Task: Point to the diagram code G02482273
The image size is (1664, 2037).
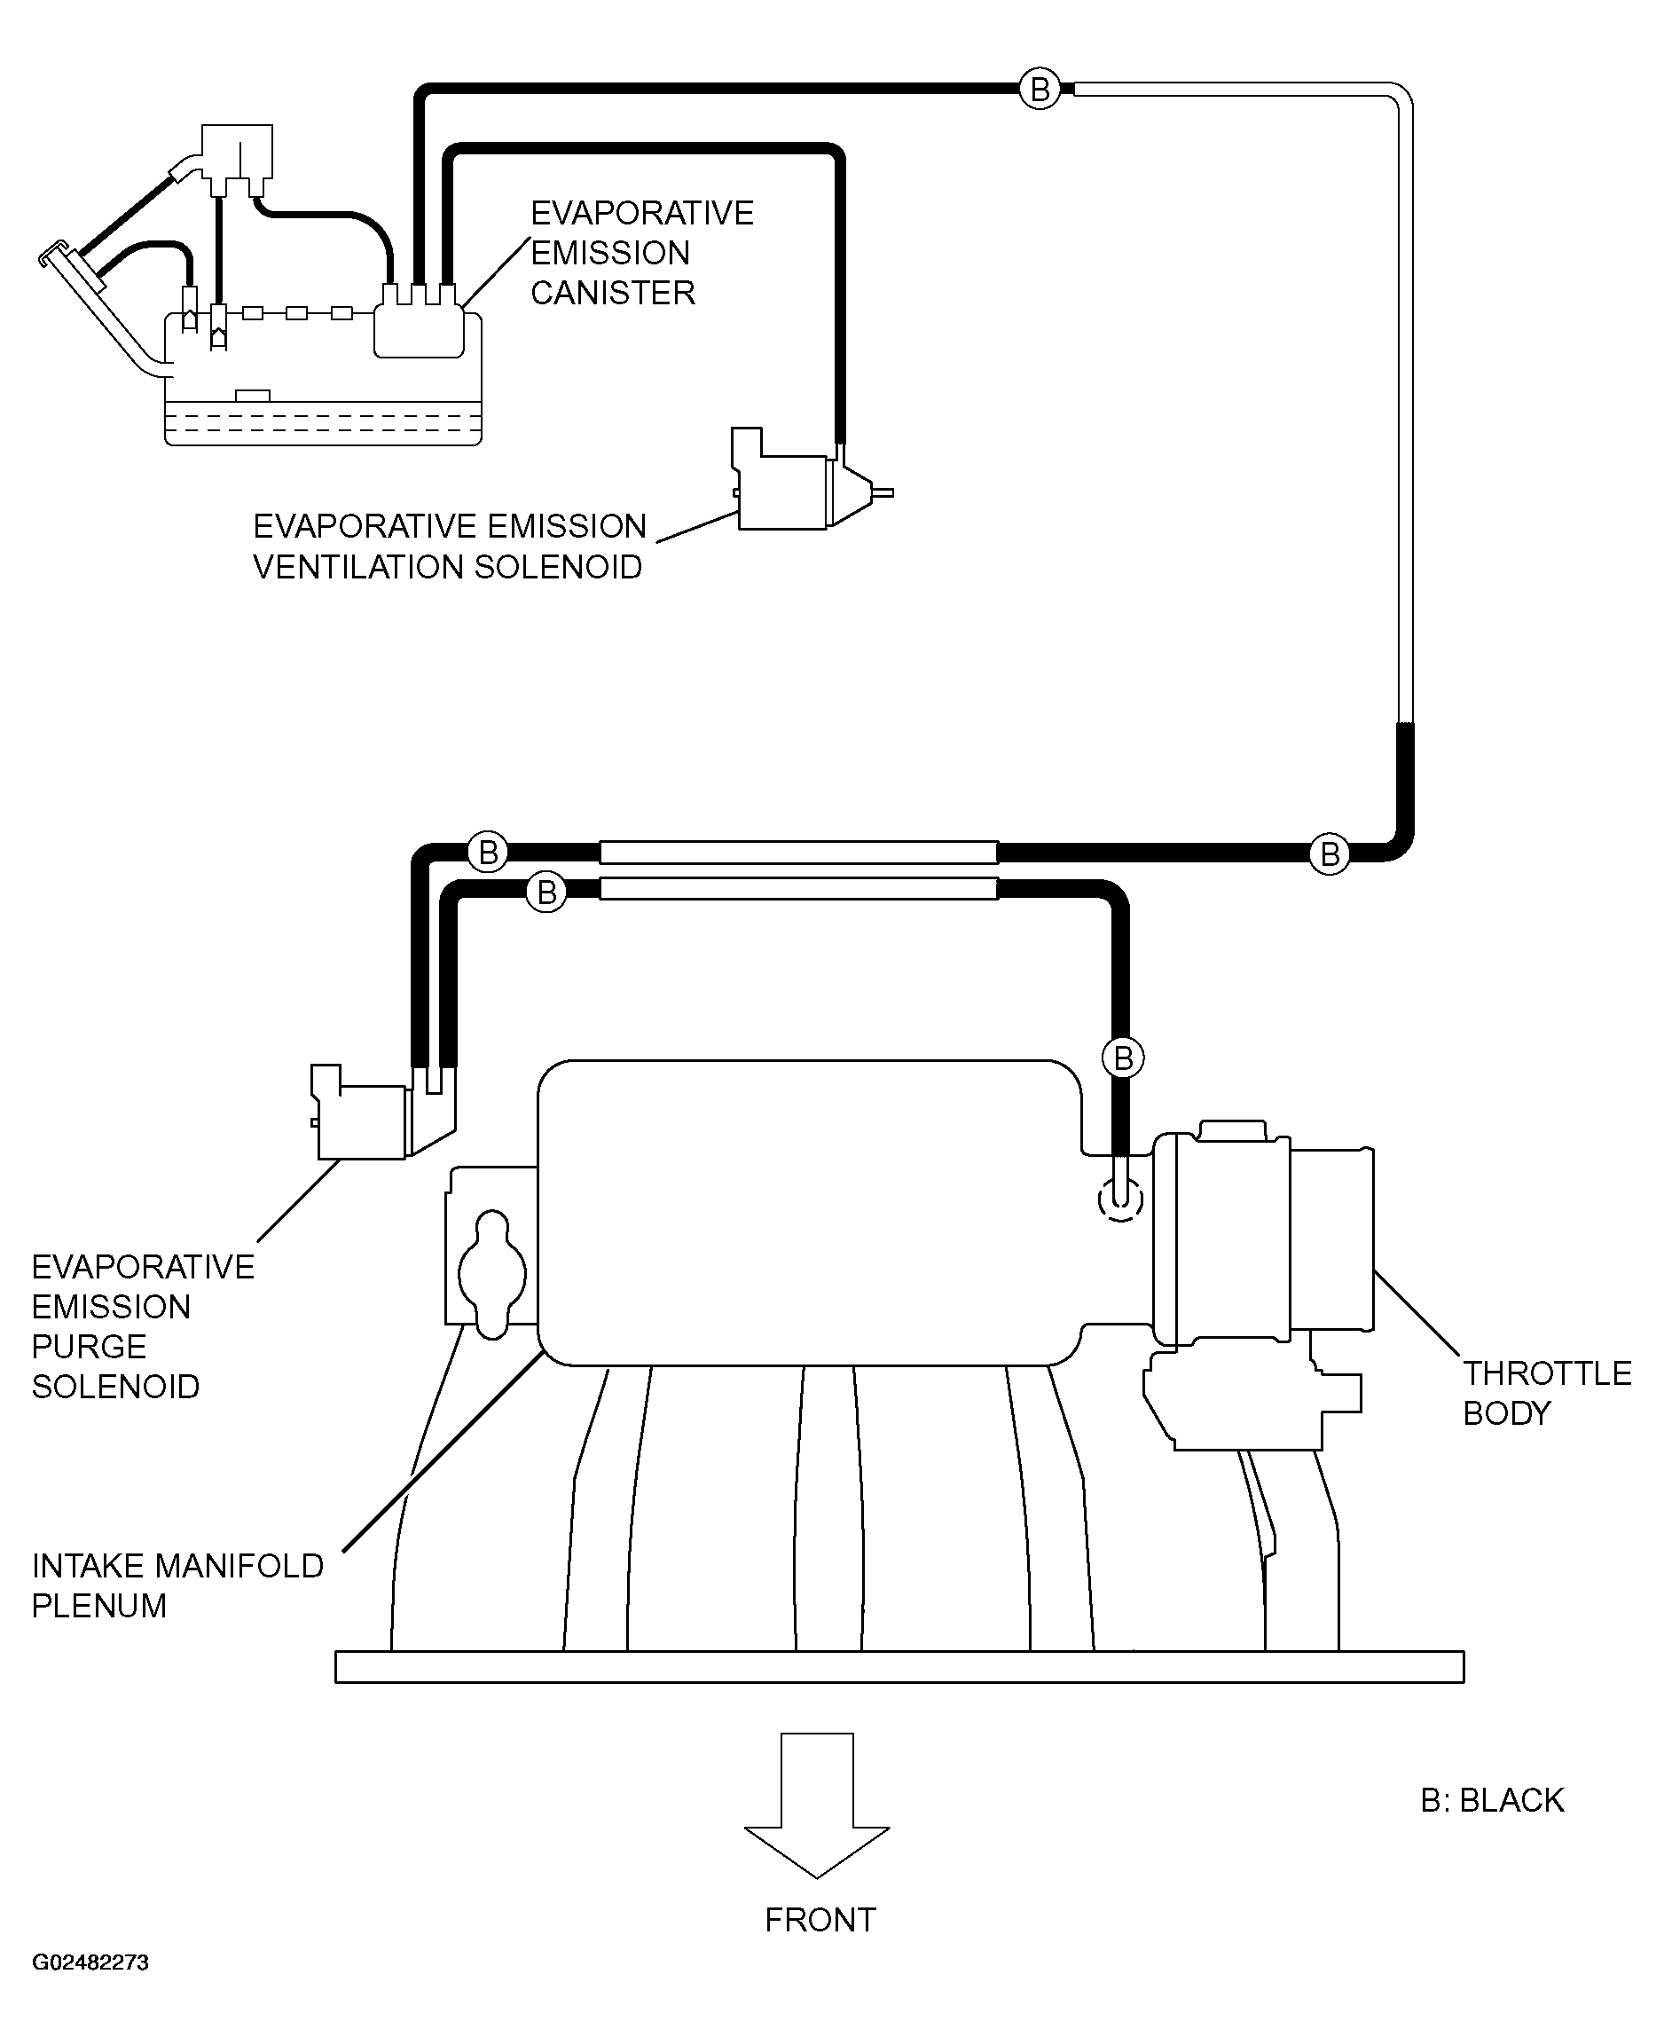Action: tap(90, 1989)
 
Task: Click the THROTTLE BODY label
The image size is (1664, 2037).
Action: tap(1546, 1393)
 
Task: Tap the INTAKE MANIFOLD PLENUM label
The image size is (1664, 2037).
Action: tap(177, 1585)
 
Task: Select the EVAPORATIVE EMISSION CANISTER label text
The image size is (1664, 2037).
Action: tap(641, 253)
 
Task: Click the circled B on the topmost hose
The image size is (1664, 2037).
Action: tap(1040, 89)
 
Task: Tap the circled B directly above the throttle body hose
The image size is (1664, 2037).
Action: tap(1124, 1058)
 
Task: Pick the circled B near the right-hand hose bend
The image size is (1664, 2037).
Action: tap(1330, 853)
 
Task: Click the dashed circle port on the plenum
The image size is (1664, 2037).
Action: tap(1119, 1199)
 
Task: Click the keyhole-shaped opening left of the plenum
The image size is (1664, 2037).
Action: tap(491, 1274)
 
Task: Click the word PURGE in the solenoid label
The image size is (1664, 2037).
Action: tap(89, 1347)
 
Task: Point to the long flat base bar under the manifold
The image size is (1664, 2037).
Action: tap(899, 1667)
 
